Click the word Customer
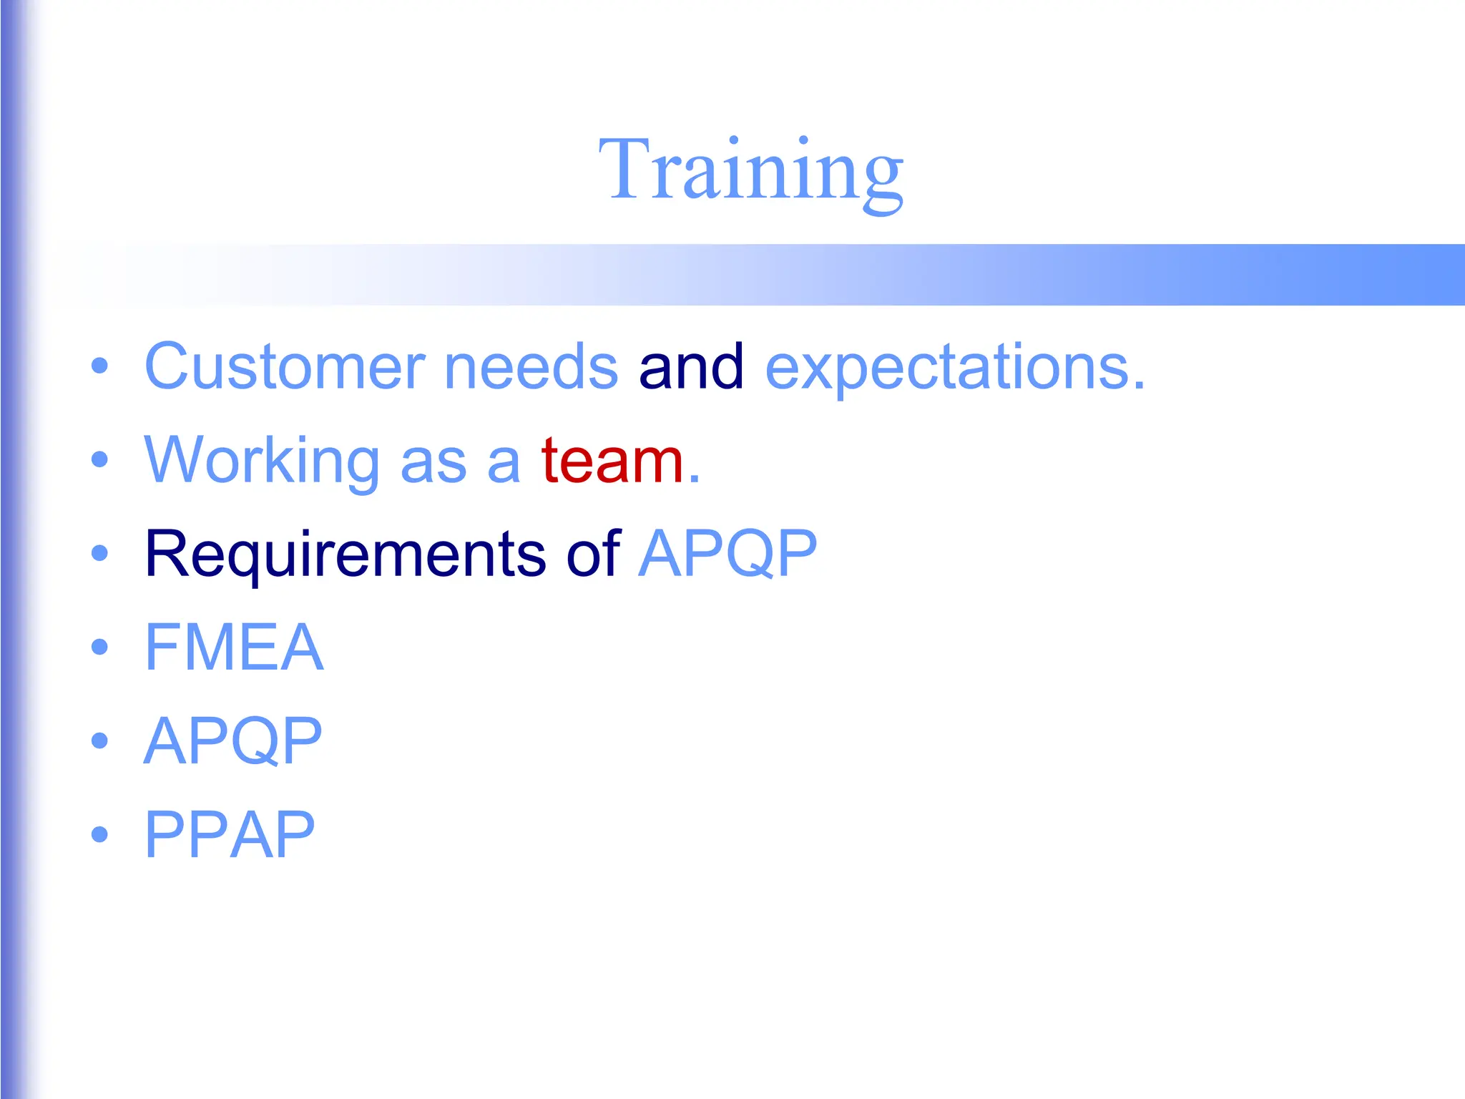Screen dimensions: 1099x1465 tap(285, 366)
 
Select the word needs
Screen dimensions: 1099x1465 tap(531, 366)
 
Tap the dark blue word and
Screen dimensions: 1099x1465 tap(691, 366)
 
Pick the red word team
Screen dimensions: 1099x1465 tap(612, 460)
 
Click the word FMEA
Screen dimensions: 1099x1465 tap(234, 647)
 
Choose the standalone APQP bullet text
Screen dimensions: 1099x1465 tap(233, 741)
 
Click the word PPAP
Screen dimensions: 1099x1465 tap(230, 834)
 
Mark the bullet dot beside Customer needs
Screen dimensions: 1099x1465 tap(100, 366)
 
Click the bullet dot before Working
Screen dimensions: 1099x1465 tap(100, 460)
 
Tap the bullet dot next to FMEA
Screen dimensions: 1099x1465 tap(100, 647)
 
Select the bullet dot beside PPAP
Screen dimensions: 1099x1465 tap(100, 834)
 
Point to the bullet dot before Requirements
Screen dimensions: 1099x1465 tap(100, 553)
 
